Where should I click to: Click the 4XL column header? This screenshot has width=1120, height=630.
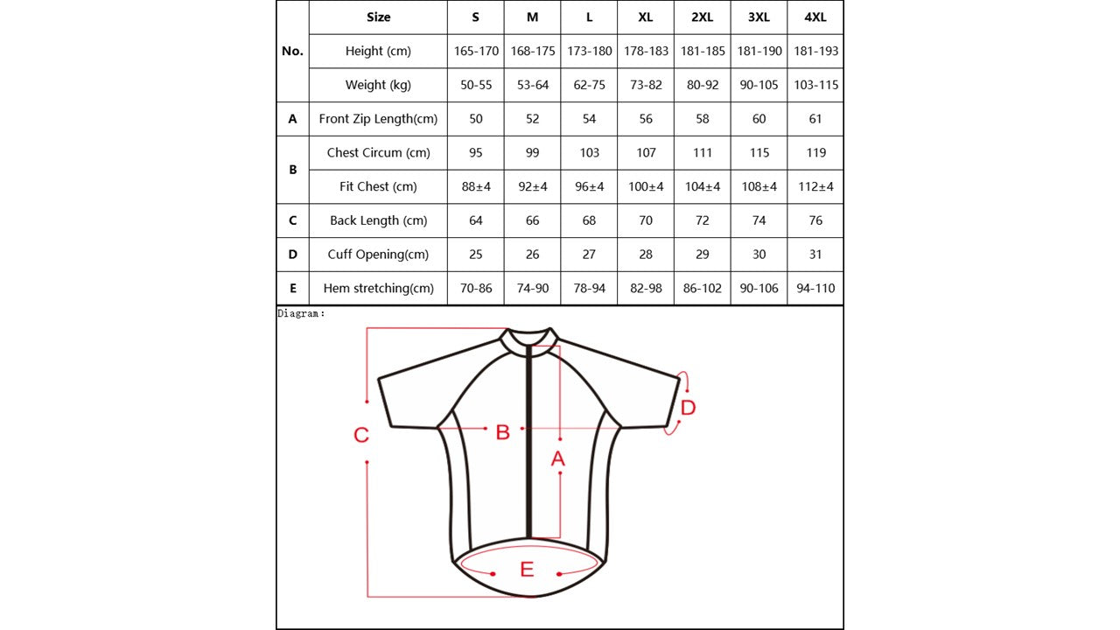coord(815,17)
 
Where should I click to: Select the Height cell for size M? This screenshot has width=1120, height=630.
coord(533,51)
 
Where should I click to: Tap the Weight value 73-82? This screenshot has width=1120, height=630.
coord(646,85)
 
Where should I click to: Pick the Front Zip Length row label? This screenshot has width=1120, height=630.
coord(378,119)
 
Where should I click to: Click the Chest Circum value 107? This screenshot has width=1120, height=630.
coord(646,152)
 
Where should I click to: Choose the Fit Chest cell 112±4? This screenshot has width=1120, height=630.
coord(815,186)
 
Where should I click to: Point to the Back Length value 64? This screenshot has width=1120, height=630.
coord(476,220)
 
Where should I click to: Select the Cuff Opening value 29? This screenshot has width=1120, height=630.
coord(702,254)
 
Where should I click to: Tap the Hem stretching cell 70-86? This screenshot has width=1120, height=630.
coord(476,288)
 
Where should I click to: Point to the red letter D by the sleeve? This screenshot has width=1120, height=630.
coord(688,408)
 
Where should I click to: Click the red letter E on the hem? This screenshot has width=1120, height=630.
coord(527,570)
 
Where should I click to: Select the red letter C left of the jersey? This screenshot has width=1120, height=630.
coord(361,435)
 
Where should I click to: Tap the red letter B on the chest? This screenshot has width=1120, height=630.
coord(502,432)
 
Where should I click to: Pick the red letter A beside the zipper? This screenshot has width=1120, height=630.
coord(557,458)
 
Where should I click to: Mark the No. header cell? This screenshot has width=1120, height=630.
coord(292,51)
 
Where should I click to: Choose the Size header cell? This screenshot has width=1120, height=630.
coord(378,17)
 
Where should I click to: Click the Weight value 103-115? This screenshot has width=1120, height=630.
coord(815,85)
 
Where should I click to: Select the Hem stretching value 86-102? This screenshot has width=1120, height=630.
coord(702,288)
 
